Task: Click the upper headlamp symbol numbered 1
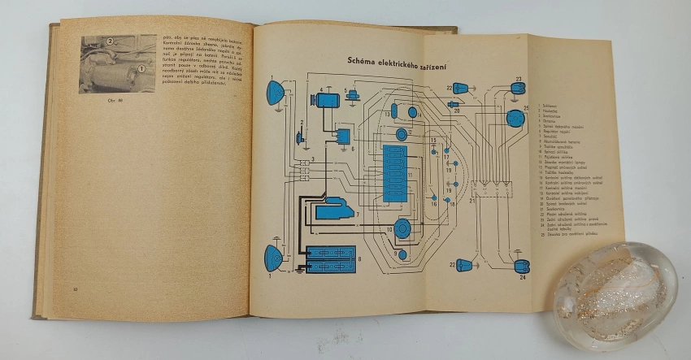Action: [x=274, y=93]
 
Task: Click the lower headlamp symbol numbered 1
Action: [x=273, y=258]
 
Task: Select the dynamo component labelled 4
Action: [x=328, y=100]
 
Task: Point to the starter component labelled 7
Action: [x=335, y=209]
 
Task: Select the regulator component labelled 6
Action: [x=344, y=137]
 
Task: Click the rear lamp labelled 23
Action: [x=517, y=88]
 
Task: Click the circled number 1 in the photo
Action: [x=142, y=71]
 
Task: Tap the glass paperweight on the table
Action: [x=616, y=292]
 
